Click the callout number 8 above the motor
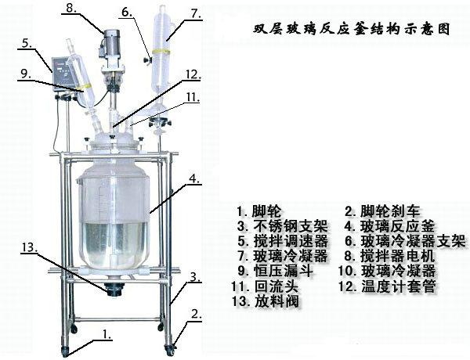pos(71,8)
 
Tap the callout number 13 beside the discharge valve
pos(30,247)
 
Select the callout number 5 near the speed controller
pos(27,43)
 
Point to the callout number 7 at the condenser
pos(196,13)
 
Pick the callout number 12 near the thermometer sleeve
pos(192,74)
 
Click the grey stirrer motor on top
pos(112,42)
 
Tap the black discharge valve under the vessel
pos(114,290)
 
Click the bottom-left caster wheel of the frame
pos(65,351)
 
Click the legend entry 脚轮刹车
pos(389,211)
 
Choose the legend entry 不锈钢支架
pos(290,226)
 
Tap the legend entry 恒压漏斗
pos(283,271)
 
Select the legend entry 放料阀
pos(277,301)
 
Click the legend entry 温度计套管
pos(399,286)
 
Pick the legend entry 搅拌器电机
pos(397,256)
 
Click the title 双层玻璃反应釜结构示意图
pos(351,30)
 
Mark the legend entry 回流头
pos(277,286)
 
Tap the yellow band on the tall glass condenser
pos(161,52)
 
